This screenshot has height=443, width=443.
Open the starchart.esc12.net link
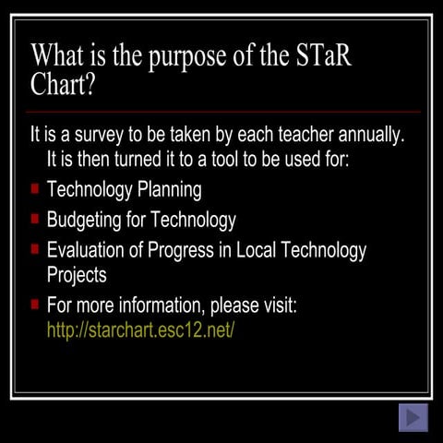coord(140,329)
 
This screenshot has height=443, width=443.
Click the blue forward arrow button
coord(413,417)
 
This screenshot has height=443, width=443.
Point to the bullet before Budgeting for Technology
coord(34,219)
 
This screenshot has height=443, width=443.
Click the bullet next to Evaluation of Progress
coord(34,249)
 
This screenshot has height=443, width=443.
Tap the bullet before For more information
coord(34,304)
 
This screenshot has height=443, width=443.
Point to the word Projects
coord(77,274)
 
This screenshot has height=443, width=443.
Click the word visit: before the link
coord(274,305)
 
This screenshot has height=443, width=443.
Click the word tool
coord(210,159)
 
